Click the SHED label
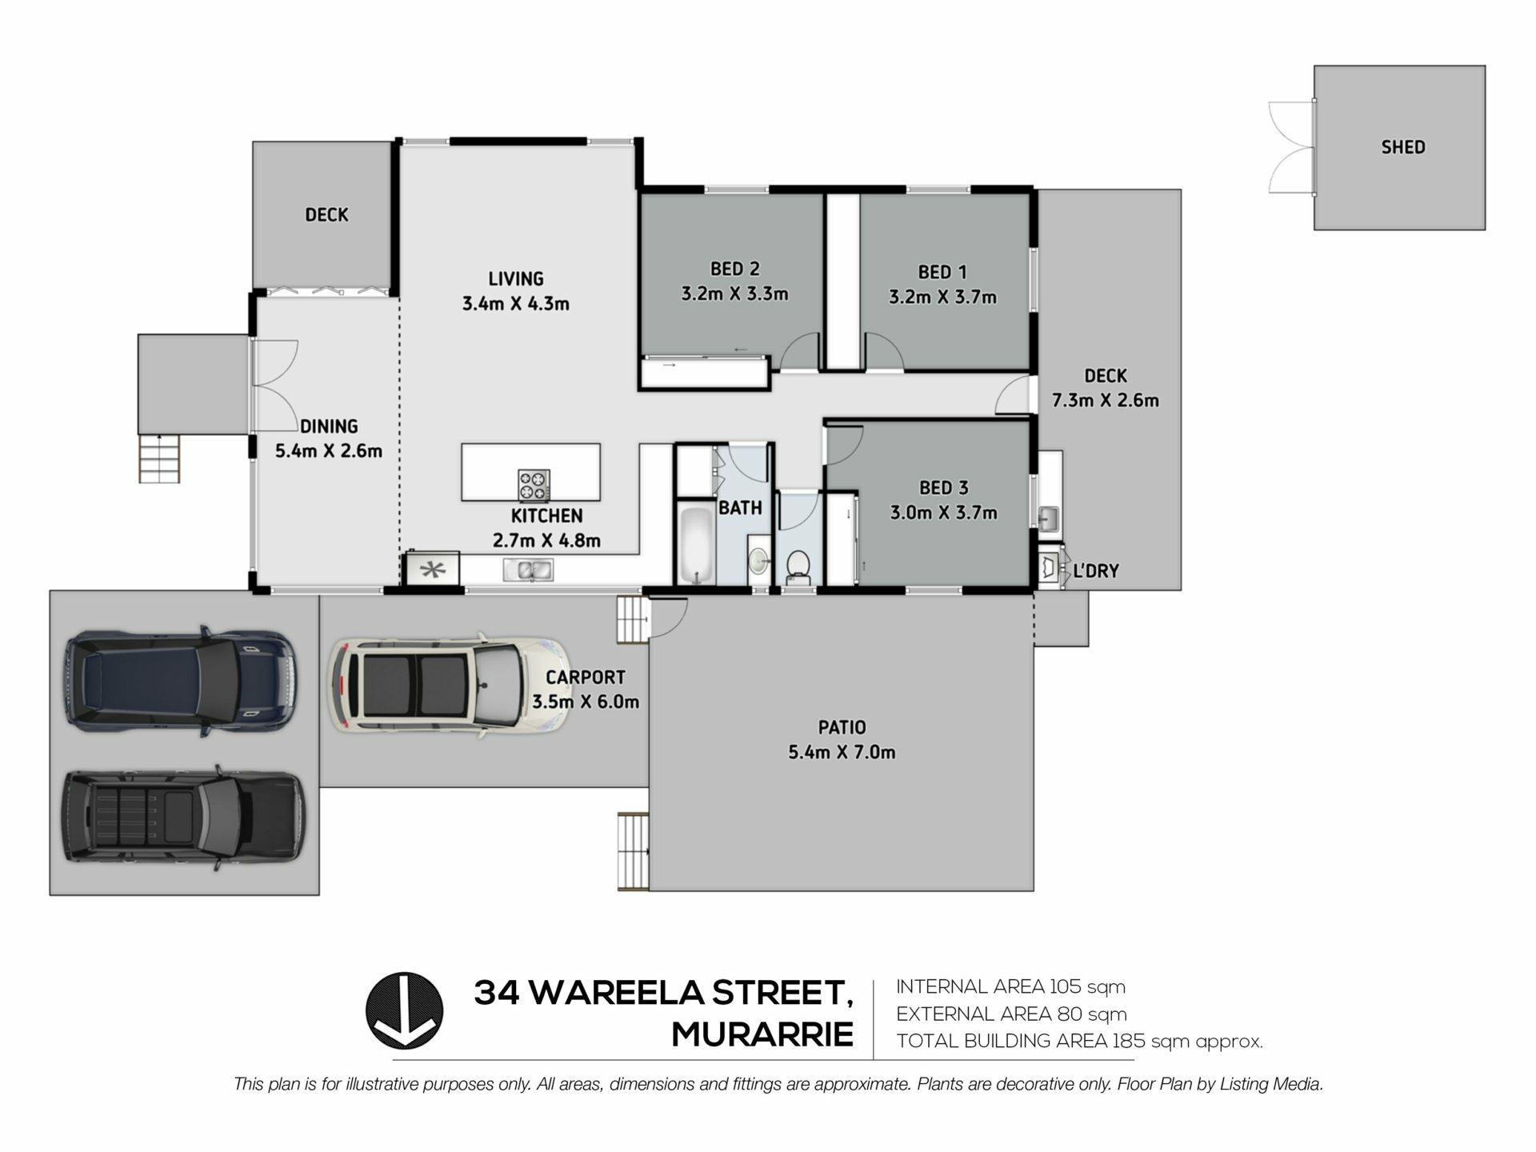coord(1402,147)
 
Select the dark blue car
coord(180,681)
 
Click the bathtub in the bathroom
coord(695,545)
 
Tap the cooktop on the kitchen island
coord(534,485)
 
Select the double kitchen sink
coord(527,570)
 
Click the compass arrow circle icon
coord(404,1010)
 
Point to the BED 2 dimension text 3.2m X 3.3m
coord(734,294)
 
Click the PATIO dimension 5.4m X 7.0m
coord(842,752)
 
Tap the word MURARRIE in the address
coord(762,1034)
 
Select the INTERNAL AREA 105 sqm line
coord(1010,986)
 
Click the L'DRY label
coord(1096,571)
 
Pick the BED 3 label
coord(943,487)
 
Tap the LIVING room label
coord(516,278)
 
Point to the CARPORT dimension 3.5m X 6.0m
coord(586,702)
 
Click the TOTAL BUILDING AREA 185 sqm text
coord(1079,1041)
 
